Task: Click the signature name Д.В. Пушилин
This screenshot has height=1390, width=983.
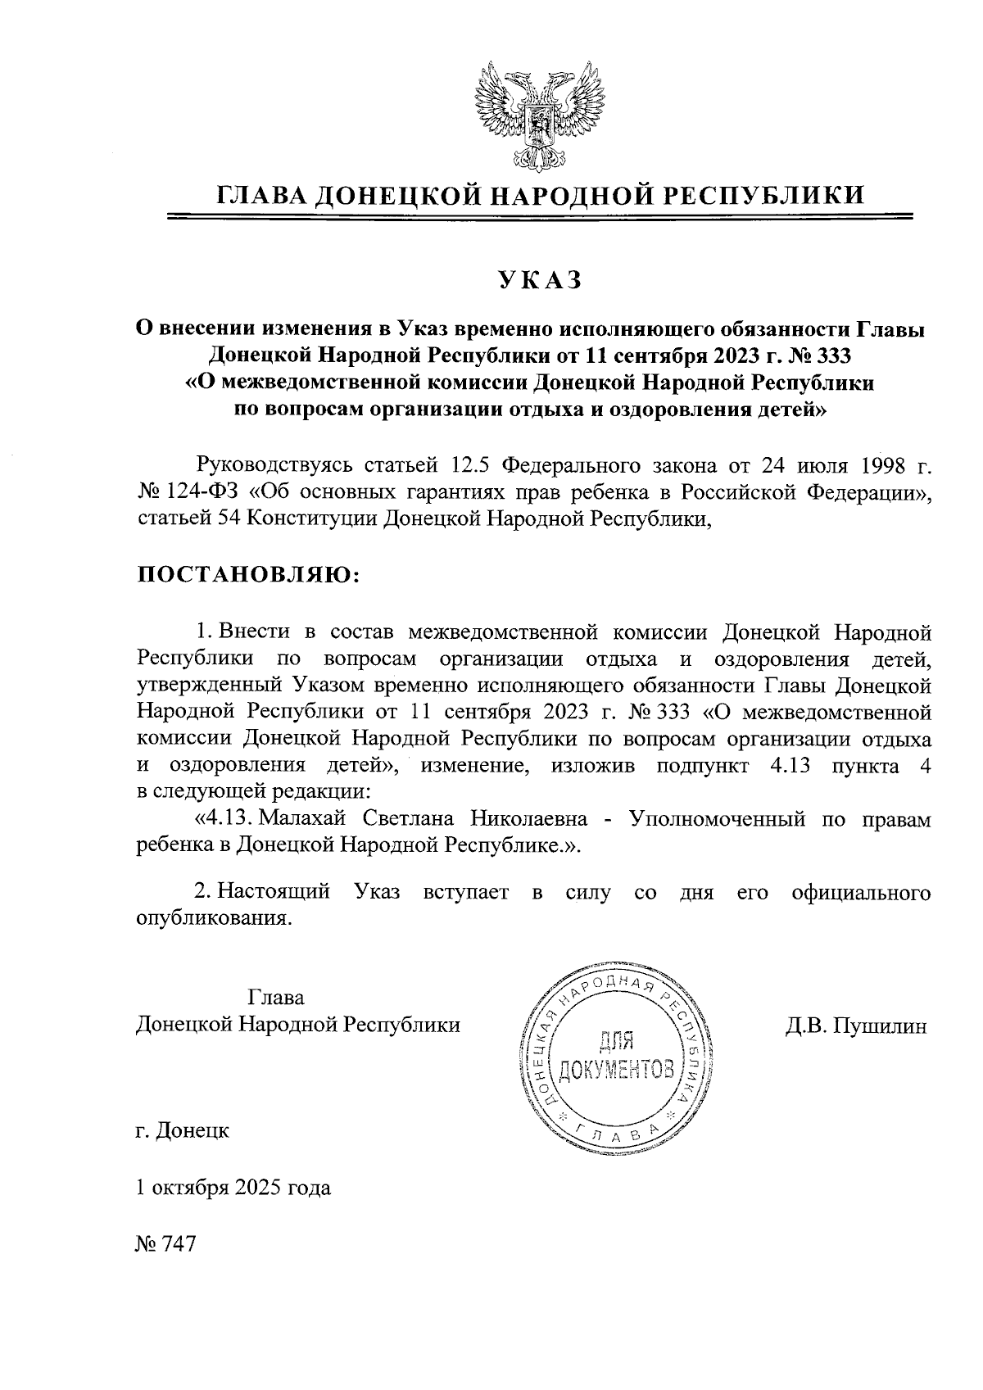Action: click(855, 1025)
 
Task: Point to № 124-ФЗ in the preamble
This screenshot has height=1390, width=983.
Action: click(185, 493)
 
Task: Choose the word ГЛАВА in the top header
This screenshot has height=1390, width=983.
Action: click(262, 195)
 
